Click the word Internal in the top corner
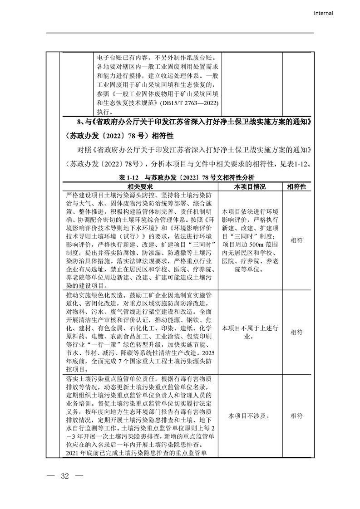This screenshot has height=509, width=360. (323, 13)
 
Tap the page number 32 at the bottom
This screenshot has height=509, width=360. (64, 476)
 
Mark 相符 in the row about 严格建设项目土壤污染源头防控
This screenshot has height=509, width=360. (296, 240)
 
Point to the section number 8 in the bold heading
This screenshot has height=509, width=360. (78, 121)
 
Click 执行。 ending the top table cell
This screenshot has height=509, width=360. (104, 111)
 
